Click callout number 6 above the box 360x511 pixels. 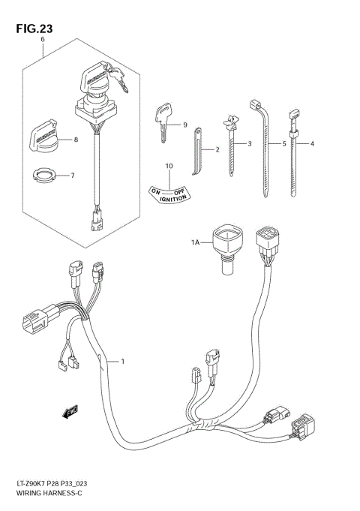(x=43, y=38)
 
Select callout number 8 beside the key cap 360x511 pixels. (x=75, y=140)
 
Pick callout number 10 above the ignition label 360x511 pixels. (x=169, y=166)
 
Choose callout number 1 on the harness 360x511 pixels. (x=122, y=362)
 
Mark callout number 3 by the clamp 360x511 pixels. (x=250, y=143)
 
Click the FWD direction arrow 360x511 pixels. (x=72, y=410)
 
